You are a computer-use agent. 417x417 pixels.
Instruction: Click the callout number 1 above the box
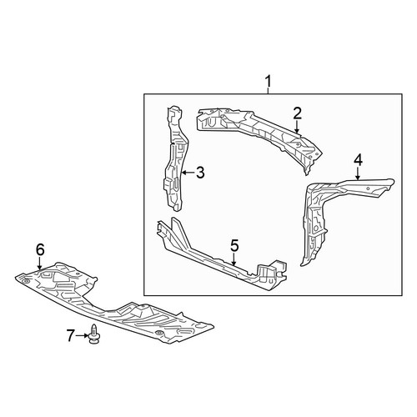(x=268, y=82)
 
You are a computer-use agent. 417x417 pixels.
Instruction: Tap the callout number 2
(x=297, y=113)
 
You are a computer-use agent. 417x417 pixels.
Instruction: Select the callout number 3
(x=200, y=173)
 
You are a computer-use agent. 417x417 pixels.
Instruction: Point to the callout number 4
(x=358, y=160)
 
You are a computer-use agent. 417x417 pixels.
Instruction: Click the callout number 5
(x=234, y=246)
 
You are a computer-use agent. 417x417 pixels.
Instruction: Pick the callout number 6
(x=40, y=250)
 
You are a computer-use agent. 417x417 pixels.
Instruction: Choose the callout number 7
(x=71, y=335)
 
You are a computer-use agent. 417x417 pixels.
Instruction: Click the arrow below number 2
(x=297, y=127)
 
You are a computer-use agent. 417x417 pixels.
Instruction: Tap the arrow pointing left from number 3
(x=188, y=173)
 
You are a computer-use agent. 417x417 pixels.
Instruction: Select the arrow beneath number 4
(x=358, y=173)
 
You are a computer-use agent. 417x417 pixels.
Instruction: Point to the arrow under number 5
(x=234, y=259)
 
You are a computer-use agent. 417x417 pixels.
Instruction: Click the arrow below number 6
(x=40, y=264)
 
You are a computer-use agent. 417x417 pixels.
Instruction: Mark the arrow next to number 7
(x=82, y=336)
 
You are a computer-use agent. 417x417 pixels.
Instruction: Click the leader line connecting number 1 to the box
(x=268, y=91)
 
